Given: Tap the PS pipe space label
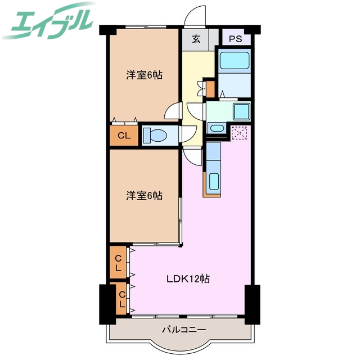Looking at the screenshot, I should pyautogui.click(x=235, y=39).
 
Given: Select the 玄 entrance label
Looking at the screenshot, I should pyautogui.click(x=196, y=39).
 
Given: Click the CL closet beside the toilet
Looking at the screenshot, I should pyautogui.click(x=124, y=135).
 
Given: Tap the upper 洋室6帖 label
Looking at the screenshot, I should pyautogui.click(x=144, y=75).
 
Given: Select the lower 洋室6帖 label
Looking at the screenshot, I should pyautogui.click(x=144, y=196).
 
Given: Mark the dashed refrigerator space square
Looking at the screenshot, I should pyautogui.click(x=239, y=133).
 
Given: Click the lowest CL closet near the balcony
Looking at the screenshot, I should pyautogui.click(x=121, y=298).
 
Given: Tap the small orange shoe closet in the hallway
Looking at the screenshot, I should pyautogui.click(x=210, y=88).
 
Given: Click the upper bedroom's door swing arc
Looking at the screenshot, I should pyautogui.click(x=173, y=111).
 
